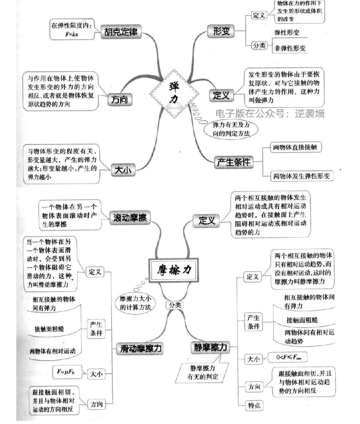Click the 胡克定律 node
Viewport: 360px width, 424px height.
[121, 32]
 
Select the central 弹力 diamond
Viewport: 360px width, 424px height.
[174, 93]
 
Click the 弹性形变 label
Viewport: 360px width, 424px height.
[287, 32]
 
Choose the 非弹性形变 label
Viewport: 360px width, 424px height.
[290, 48]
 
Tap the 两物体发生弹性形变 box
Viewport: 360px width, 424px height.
[302, 176]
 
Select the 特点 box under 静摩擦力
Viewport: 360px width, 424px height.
[254, 406]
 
